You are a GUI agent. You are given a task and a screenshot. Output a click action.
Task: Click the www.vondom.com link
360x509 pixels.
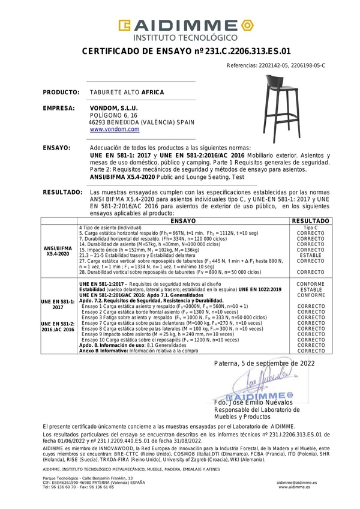[115, 129]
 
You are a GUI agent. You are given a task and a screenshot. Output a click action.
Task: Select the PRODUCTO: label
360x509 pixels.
[61, 93]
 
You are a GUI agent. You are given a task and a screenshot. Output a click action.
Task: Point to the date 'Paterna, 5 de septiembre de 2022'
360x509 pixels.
[264, 364]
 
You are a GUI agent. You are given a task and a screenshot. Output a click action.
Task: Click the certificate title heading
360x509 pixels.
[186, 52]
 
